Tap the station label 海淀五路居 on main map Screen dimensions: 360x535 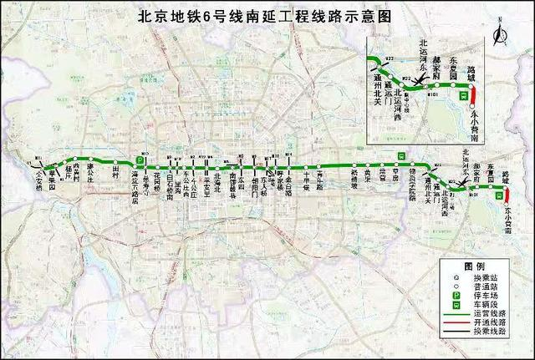[136, 190]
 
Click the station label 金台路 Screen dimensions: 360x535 [288, 185]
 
